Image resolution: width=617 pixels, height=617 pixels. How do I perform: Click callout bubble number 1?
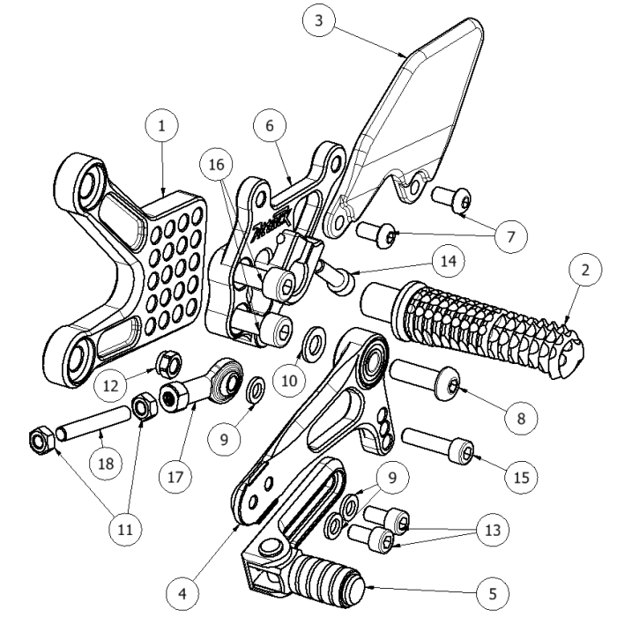point(162,127)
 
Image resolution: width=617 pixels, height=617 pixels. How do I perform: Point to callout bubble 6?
point(271,126)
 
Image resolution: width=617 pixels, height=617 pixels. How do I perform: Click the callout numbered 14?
point(450,261)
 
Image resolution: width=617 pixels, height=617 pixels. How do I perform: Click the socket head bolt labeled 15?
point(438,444)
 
